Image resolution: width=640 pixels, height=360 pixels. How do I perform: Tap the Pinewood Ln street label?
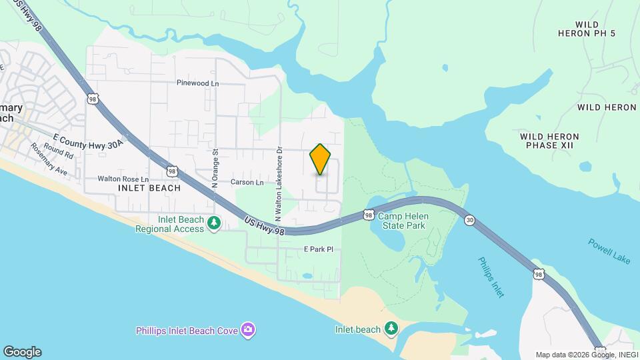197,83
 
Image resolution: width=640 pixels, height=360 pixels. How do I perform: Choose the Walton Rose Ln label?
123,179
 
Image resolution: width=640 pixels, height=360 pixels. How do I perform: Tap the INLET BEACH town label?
149,188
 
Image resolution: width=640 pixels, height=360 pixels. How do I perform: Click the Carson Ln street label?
247,182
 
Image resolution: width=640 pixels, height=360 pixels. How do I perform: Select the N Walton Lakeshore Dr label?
279,184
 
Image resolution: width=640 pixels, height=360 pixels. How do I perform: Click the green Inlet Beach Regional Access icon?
214,223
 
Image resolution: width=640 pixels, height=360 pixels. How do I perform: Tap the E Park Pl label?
318,249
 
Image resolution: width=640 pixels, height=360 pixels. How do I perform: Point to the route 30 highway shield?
470,220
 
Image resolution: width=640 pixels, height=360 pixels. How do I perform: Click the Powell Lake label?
609,252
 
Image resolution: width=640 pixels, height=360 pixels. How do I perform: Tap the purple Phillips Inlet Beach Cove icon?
248,329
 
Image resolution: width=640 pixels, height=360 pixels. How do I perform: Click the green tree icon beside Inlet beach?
391,329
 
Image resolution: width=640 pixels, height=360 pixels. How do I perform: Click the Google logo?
22,352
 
